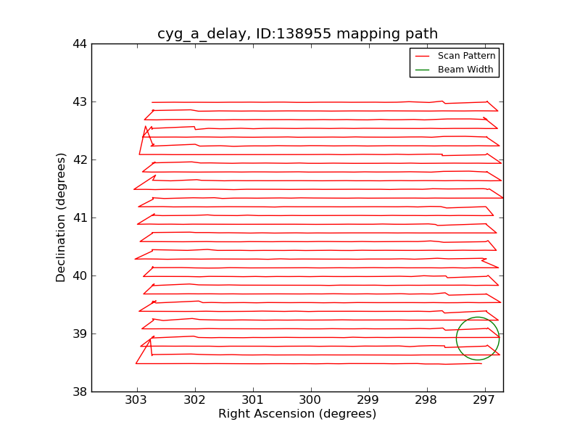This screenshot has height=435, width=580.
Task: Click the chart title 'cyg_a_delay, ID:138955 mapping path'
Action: (297, 34)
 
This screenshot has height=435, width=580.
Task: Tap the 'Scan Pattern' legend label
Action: (466, 56)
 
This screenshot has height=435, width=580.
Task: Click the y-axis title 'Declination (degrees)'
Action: (62, 217)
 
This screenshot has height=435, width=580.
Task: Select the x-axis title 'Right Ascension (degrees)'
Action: (297, 414)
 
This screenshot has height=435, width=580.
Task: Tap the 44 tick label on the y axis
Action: (79, 44)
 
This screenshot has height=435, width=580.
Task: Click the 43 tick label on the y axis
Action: (79, 102)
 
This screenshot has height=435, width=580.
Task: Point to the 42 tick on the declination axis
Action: (79, 160)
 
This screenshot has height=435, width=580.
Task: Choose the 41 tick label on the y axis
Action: (79, 218)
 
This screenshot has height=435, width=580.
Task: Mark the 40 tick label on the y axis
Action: (79, 276)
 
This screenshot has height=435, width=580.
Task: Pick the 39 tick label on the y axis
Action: (79, 334)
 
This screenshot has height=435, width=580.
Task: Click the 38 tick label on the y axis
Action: (79, 392)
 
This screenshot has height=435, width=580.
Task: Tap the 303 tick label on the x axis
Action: (136, 400)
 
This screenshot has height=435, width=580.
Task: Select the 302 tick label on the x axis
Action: (194, 400)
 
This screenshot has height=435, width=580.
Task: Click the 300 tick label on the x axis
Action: (310, 400)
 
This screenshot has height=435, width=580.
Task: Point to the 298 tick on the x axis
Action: (426, 400)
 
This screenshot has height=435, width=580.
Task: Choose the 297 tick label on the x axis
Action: (484, 400)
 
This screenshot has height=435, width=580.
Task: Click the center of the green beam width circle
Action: (478, 339)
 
